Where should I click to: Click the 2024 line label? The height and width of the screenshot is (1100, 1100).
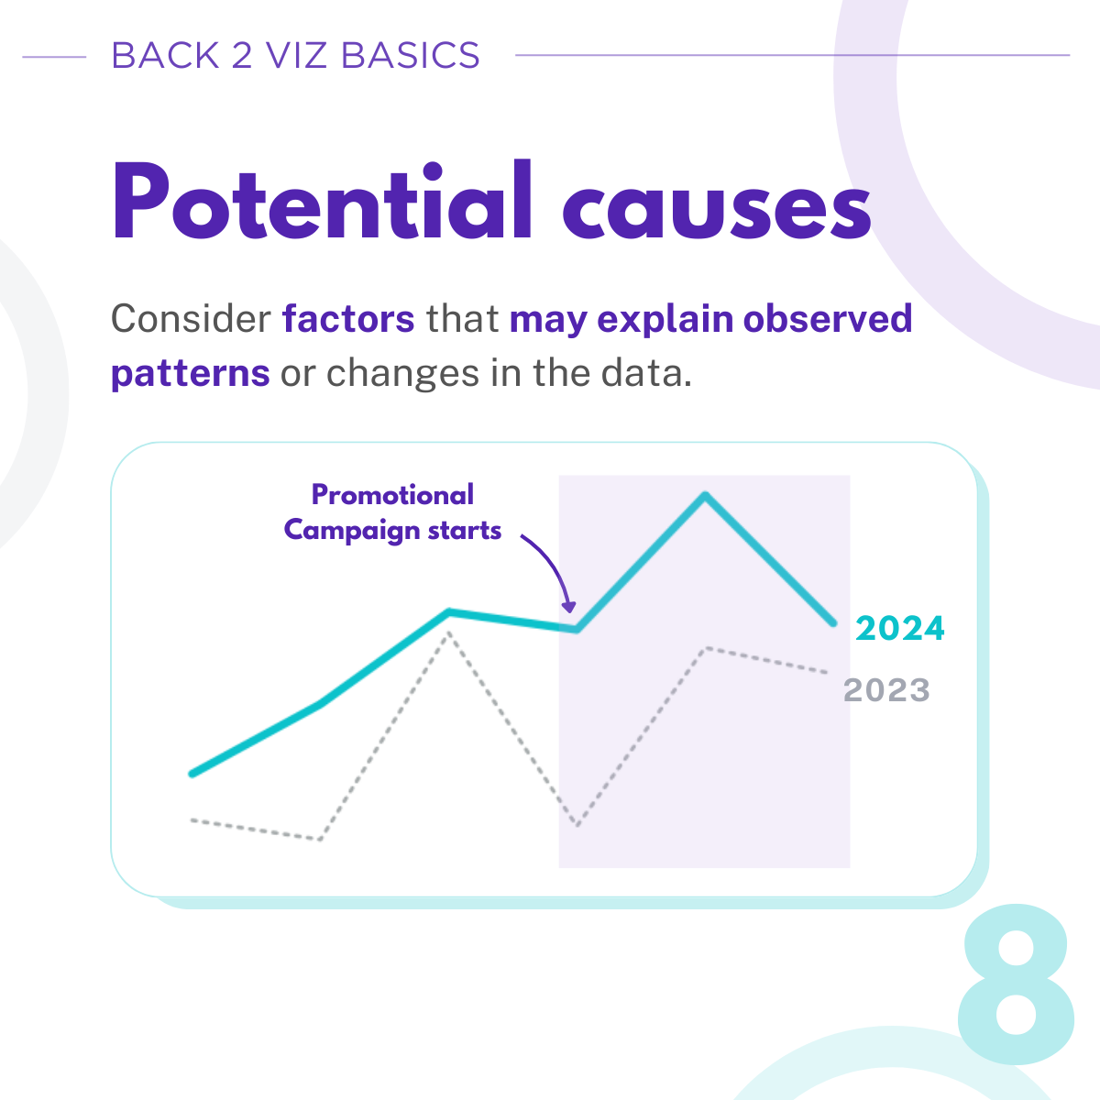pyautogui.click(x=899, y=629)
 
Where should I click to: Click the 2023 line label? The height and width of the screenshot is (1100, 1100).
pyautogui.click(x=886, y=690)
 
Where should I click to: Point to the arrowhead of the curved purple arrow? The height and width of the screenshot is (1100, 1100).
pyautogui.click(x=568, y=606)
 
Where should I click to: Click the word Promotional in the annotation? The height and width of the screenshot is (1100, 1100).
pyautogui.click(x=392, y=494)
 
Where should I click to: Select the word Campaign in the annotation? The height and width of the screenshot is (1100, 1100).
pyautogui.click(x=352, y=531)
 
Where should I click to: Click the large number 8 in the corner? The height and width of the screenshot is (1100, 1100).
pyautogui.click(x=1016, y=984)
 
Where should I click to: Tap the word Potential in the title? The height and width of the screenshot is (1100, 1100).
pyautogui.click(x=323, y=201)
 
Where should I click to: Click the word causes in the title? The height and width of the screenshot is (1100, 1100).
pyautogui.click(x=717, y=211)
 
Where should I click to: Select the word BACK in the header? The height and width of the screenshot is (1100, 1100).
pyautogui.click(x=166, y=56)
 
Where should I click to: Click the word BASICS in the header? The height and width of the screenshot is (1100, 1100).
pyautogui.click(x=410, y=56)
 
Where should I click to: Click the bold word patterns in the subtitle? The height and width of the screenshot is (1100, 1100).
pyautogui.click(x=190, y=375)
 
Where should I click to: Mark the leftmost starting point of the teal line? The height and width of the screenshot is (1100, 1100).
pyautogui.click(x=192, y=774)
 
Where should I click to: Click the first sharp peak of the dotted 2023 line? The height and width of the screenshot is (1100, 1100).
pyautogui.click(x=449, y=632)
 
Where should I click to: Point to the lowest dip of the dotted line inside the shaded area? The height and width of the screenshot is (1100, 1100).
pyautogui.click(x=577, y=825)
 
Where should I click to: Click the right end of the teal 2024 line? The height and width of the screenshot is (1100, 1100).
pyautogui.click(x=833, y=624)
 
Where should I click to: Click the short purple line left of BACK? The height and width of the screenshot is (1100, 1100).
pyautogui.click(x=54, y=57)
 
